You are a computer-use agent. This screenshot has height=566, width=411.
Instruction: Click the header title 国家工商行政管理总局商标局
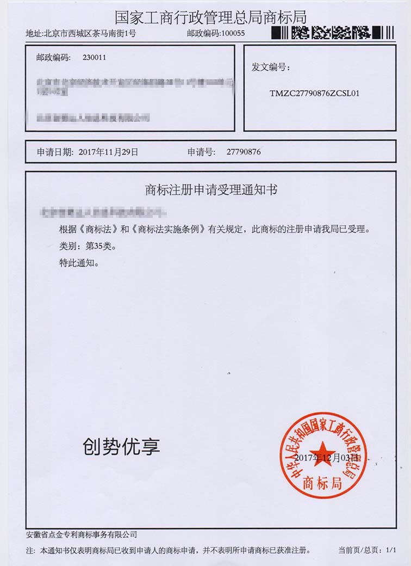[x=210, y=16]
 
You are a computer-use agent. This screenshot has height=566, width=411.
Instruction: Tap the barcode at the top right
[x=332, y=33]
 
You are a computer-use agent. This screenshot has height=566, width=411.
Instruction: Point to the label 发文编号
[x=270, y=67]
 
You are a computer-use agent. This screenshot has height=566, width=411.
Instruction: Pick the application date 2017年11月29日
[x=108, y=152]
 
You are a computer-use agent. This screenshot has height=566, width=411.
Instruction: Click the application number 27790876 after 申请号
[x=244, y=152]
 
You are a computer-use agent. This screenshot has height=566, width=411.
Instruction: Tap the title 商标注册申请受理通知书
[x=211, y=190]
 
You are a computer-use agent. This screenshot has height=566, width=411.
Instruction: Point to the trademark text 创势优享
[x=121, y=447]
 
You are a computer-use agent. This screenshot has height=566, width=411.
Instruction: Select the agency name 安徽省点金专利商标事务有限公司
[x=82, y=534]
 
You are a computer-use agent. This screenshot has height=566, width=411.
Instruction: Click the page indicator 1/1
[x=390, y=550]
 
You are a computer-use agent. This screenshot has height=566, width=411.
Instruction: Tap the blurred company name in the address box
[x=92, y=118]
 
